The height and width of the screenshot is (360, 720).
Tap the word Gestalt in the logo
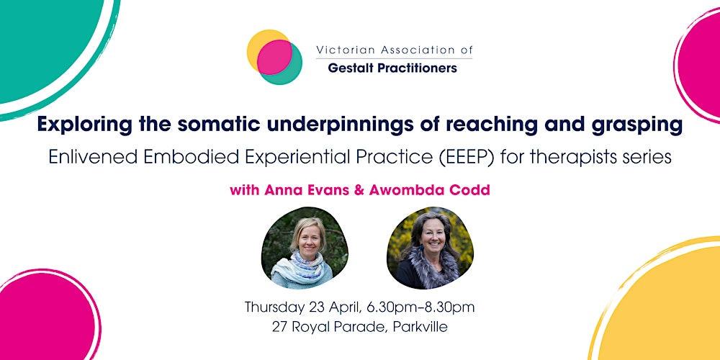click(x=351, y=68)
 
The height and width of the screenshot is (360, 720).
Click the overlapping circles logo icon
click(x=274, y=57)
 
